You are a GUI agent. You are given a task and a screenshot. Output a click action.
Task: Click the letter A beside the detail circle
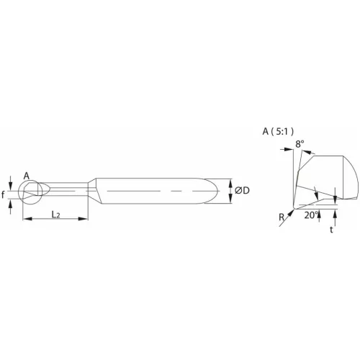tap(26, 176)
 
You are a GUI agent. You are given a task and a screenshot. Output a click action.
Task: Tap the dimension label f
tap(4, 194)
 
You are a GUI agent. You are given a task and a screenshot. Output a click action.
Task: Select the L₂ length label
tap(55, 215)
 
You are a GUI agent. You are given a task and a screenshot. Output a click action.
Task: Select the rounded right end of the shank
tap(216, 191)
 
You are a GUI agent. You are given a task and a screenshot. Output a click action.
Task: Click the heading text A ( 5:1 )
tap(278, 131)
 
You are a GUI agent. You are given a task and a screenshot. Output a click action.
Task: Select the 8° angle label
tap(300, 144)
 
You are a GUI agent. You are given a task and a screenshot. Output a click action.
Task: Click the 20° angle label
tap(310, 215)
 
